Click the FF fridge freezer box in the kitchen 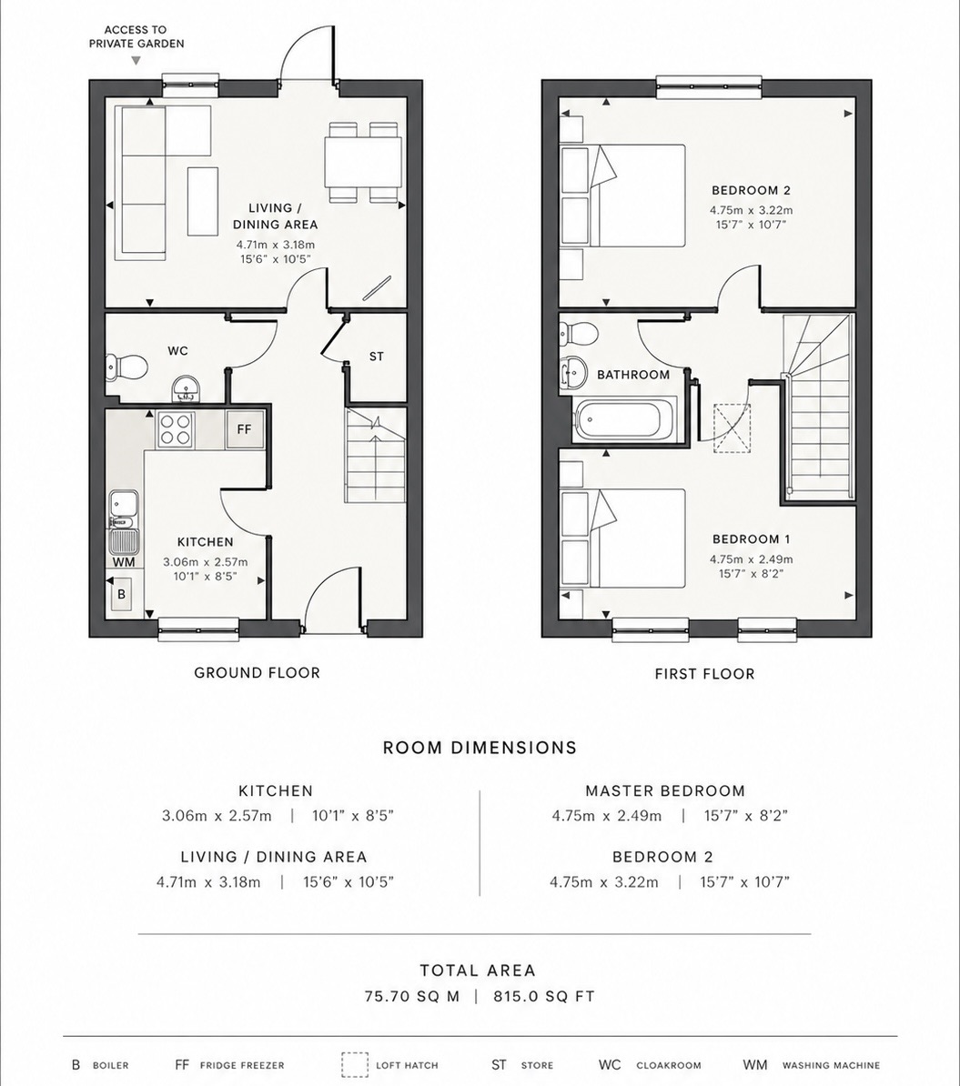click(x=245, y=430)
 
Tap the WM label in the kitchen click(x=124, y=562)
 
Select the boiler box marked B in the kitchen click(x=122, y=594)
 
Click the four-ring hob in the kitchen click(x=176, y=428)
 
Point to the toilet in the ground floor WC click(x=126, y=365)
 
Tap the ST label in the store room click(x=377, y=357)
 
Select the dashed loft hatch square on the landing click(x=733, y=428)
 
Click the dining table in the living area click(x=363, y=162)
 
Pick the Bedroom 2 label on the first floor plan click(x=752, y=190)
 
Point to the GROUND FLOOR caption click(x=258, y=672)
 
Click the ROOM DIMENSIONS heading click(x=480, y=748)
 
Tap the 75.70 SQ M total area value click(x=412, y=997)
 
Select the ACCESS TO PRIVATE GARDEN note click(x=136, y=36)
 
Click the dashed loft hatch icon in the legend click(x=354, y=1064)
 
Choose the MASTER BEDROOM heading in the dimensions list click(x=665, y=791)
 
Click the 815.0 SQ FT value click(x=544, y=997)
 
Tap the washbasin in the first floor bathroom click(x=574, y=372)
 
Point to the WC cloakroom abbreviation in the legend click(x=610, y=1064)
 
